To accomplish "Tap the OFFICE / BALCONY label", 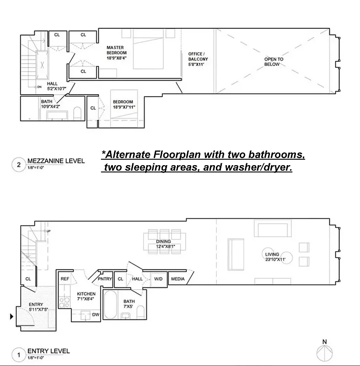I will pos(198,59).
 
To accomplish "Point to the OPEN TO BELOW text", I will pos(274,62).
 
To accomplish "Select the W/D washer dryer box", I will pos(158,278).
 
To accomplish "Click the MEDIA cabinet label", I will pos(178,278).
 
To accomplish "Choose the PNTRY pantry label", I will pos(105,278).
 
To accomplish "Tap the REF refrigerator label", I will pos(64,278).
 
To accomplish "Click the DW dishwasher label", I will pos(96,315).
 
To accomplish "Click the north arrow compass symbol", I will pos(324,353).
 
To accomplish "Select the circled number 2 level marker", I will pos(19,165).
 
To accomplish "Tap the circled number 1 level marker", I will pos(19,354).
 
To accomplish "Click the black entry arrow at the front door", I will pos(12,316).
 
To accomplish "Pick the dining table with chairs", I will pos(164,241).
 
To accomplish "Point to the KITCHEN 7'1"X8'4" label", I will pos(86,296).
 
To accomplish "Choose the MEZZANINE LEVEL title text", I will pos(57,161).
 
